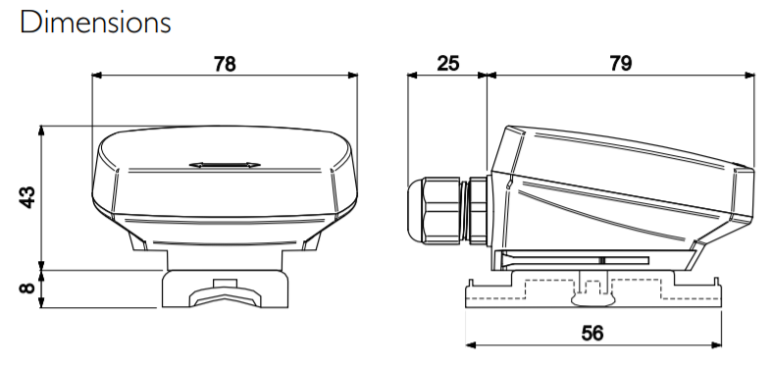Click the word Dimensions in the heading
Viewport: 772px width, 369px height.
point(95,23)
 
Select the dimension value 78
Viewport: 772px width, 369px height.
point(225,64)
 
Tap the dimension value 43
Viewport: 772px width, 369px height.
point(27,197)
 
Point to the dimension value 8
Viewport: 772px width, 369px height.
point(27,288)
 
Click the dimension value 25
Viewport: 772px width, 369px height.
point(447,64)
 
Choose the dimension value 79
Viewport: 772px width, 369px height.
point(620,64)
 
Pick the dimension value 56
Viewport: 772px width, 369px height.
point(592,334)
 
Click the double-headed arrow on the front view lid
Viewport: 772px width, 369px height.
point(225,165)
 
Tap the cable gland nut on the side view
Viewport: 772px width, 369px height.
point(441,211)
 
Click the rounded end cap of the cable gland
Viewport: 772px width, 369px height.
point(415,211)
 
